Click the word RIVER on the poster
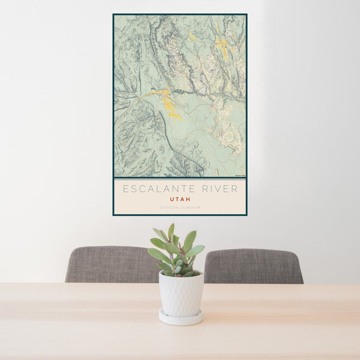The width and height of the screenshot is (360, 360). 220,189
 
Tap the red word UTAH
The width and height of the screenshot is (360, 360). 180,199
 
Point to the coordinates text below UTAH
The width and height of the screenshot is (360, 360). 180,208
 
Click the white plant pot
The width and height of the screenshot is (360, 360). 181,295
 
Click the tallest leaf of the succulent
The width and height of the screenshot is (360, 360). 171,231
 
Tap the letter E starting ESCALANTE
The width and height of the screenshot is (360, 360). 125,189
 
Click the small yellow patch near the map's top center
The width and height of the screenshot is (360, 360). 191,36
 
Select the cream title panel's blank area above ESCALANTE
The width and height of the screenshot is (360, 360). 180,182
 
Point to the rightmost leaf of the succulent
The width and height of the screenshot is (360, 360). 196,250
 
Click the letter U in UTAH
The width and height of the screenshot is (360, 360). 172,199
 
